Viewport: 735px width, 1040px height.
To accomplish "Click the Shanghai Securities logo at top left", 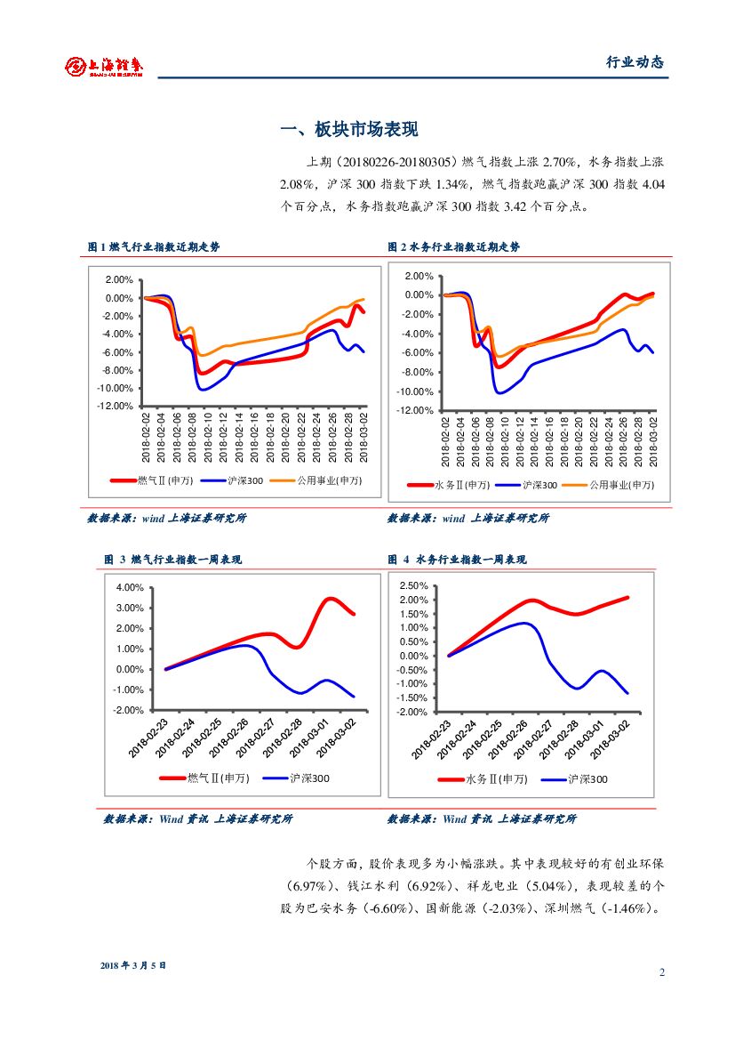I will pos(104,65).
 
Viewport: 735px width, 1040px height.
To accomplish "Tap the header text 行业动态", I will pos(635,62).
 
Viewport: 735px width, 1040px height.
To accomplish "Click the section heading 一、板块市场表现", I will pos(348,130).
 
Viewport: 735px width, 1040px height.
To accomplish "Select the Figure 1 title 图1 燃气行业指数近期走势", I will pos(154,247).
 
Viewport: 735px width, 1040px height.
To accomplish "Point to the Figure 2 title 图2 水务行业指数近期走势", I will pos(454,247).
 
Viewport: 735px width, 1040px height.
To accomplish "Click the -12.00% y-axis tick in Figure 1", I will pos(114,406).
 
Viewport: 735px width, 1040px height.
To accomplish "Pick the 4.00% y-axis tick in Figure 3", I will pos(130,587).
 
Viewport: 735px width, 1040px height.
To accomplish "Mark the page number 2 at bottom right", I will pos(662,971).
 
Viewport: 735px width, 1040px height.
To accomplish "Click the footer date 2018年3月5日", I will pos(133,965).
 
